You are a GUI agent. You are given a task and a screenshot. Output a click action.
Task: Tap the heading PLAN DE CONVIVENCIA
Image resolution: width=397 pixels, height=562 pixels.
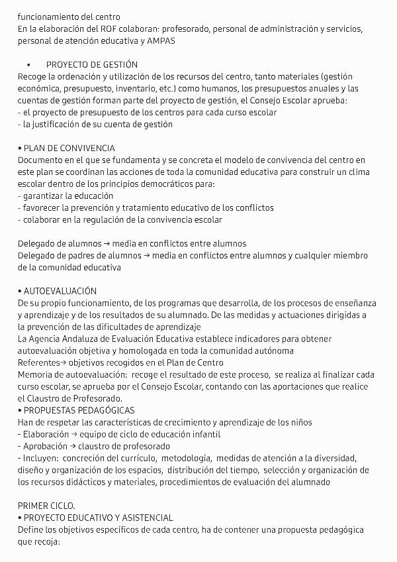[x=69, y=148]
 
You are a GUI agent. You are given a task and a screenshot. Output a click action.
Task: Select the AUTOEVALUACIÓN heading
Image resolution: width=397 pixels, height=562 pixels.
[x=60, y=291]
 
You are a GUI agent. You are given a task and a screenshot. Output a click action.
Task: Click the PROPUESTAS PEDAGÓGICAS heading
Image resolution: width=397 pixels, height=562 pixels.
[x=78, y=410]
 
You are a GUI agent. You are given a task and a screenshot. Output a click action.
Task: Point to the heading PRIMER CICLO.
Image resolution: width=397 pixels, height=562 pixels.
[x=46, y=506]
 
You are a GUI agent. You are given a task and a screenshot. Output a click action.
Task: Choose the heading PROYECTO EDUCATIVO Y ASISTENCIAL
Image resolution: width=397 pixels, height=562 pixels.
[x=98, y=518]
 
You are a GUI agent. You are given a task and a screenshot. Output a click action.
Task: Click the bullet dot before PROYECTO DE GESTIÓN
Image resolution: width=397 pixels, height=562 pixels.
[x=29, y=65]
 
